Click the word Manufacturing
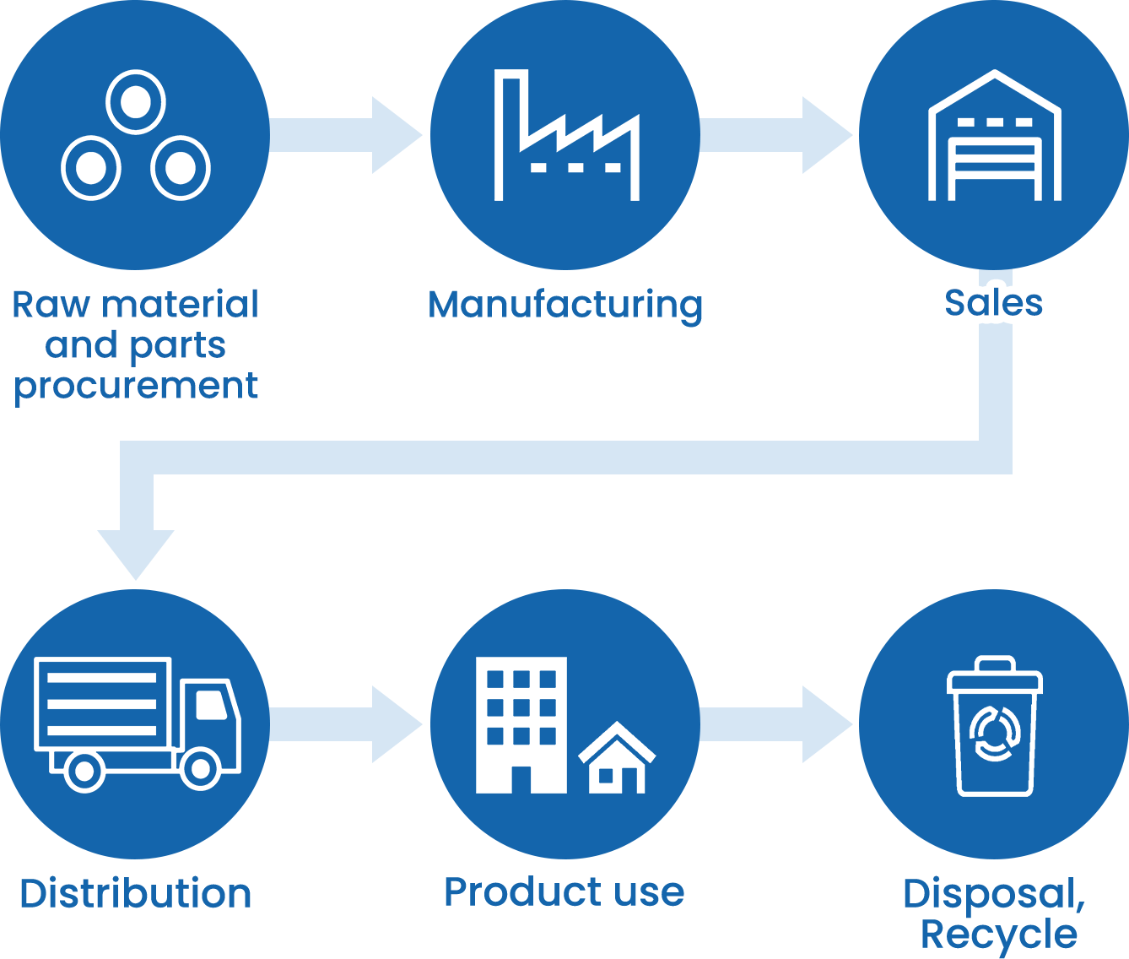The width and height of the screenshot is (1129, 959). click(565, 304)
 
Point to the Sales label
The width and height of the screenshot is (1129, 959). click(993, 303)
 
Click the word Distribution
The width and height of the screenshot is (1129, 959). click(136, 893)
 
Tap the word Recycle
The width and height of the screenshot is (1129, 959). click(999, 935)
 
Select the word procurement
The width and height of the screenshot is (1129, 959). click(136, 387)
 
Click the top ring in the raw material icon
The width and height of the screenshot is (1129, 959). click(135, 102)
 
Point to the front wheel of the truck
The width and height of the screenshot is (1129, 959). click(201, 768)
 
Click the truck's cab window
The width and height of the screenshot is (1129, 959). click(211, 704)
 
